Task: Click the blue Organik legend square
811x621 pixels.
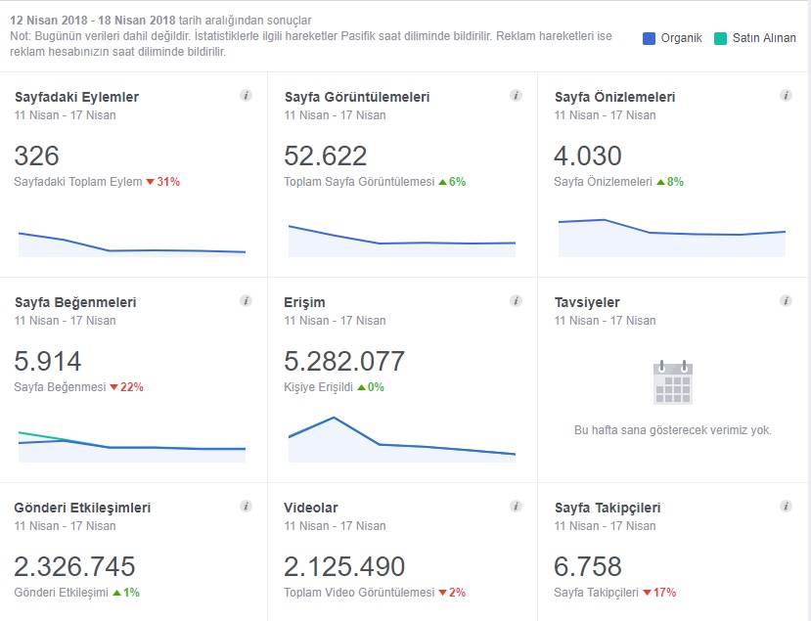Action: pos(649,38)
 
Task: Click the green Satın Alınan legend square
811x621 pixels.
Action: pos(720,38)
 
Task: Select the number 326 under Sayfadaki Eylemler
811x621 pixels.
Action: pos(37,155)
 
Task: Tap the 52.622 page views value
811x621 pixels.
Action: pos(326,155)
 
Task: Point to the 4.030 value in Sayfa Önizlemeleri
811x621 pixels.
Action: pos(588,155)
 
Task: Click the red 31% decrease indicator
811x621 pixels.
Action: pos(163,182)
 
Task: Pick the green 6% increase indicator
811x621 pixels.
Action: pos(452,182)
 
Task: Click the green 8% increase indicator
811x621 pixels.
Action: pos(670,182)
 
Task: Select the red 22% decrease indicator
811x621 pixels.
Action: pos(126,386)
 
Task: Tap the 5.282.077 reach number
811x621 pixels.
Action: pos(344,361)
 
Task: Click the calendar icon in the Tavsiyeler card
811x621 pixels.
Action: pos(673,382)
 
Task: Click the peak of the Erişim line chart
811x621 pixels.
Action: pos(335,418)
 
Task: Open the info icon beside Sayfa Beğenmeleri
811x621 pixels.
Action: pos(247,300)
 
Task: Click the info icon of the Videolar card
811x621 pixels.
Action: pos(516,506)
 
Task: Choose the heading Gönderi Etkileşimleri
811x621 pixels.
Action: pos(82,508)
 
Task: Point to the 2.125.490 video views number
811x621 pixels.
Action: pos(344,566)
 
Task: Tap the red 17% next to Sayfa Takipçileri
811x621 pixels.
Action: pos(659,592)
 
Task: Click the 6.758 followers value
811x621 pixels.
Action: pos(588,566)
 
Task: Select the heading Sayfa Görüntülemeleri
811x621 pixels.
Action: pos(357,97)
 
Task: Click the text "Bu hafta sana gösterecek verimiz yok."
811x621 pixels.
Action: pos(673,430)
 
